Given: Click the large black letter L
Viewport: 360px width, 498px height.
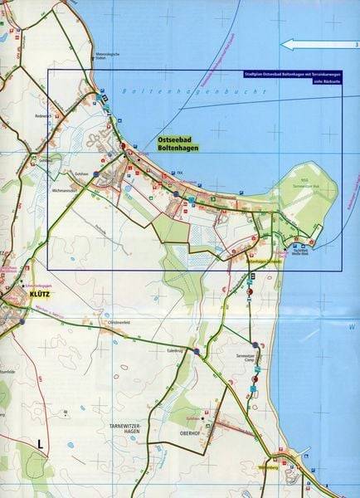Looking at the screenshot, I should tap(39, 445).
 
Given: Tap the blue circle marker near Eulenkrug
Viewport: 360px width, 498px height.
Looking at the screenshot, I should tap(196, 352).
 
